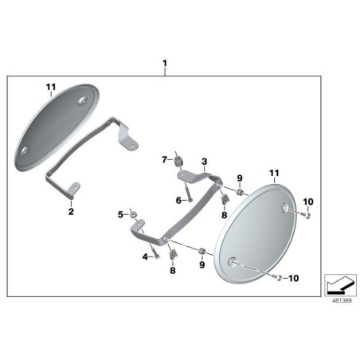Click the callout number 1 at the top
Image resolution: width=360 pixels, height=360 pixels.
pyautogui.click(x=165, y=64)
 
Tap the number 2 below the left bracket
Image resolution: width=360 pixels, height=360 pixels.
pyautogui.click(x=71, y=212)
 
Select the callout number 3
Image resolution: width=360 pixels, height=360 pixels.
pyautogui.click(x=204, y=161)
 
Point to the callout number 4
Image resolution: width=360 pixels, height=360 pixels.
pyautogui.click(x=145, y=256)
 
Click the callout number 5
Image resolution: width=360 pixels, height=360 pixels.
pyautogui.click(x=121, y=214)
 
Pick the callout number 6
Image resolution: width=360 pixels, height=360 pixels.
pyautogui.click(x=178, y=201)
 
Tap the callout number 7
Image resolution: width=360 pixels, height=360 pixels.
pyautogui.click(x=165, y=160)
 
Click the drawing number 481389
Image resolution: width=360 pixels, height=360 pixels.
pyautogui.click(x=342, y=300)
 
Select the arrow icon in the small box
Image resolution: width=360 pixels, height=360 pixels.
pyautogui.click(x=340, y=285)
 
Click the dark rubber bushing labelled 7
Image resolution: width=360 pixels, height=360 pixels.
pyautogui.click(x=177, y=162)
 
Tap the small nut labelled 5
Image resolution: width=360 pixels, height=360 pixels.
pyautogui.click(x=133, y=213)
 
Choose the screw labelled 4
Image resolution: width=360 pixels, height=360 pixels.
pyautogui.click(x=155, y=252)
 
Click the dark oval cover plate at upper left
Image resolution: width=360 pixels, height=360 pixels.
pyautogui.click(x=57, y=127)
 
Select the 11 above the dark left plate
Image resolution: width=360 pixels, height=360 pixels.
pyautogui.click(x=51, y=87)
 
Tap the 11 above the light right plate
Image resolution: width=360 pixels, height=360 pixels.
pyautogui.click(x=274, y=174)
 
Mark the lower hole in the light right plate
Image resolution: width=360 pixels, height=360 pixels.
pyautogui.click(x=232, y=261)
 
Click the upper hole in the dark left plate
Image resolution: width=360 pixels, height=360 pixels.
pyautogui.click(x=82, y=100)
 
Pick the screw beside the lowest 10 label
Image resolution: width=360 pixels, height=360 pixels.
pyautogui.click(x=278, y=278)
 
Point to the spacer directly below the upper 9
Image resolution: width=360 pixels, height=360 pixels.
pyautogui.click(x=240, y=192)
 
